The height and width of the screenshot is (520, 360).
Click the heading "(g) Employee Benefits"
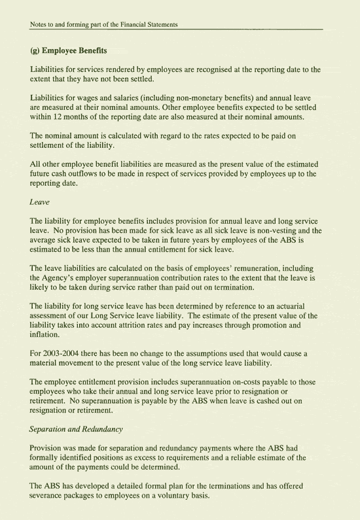(69, 50)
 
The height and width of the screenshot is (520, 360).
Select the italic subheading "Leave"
(40, 203)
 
